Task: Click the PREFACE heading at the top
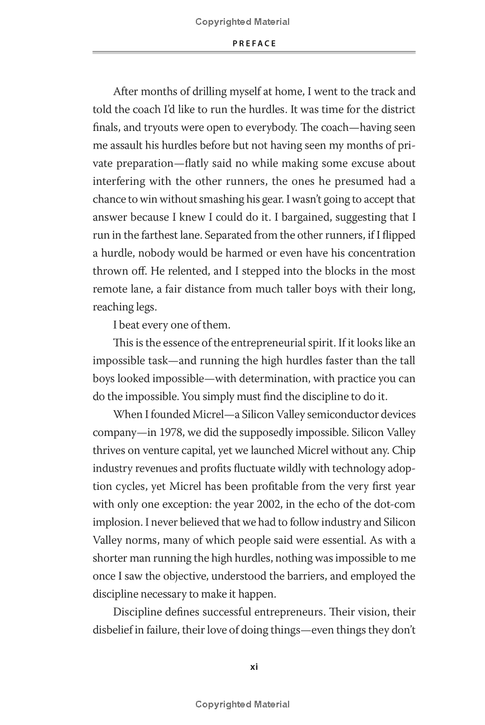pos(254,43)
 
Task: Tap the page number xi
pos(254,666)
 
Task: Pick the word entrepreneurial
pos(269,342)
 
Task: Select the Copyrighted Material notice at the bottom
pos(242,704)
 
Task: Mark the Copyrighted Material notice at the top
pos(242,22)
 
